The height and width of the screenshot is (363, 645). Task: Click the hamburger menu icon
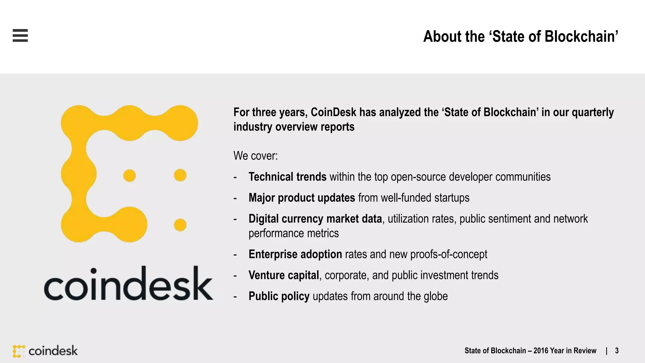[x=20, y=35]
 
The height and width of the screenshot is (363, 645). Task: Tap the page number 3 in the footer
[x=617, y=351]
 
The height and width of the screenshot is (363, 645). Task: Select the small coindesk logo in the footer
[x=45, y=351]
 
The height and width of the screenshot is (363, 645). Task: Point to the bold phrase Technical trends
[x=287, y=177]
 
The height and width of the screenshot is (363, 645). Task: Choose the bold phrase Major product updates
[x=302, y=198]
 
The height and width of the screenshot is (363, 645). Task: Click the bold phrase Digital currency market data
[x=315, y=219]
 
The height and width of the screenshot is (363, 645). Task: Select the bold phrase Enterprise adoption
[x=295, y=254]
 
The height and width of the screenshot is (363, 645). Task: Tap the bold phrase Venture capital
[x=283, y=275]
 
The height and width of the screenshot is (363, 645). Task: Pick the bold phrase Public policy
[x=279, y=296]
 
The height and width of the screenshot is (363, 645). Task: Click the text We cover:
[x=255, y=156]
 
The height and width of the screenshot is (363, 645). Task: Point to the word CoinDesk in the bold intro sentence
[x=333, y=112]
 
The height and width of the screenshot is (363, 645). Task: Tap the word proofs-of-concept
[x=448, y=254]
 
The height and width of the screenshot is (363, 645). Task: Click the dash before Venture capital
[x=235, y=276]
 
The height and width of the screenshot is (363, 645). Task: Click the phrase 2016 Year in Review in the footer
[x=565, y=351]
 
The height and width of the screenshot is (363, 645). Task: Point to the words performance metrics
[x=294, y=233]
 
